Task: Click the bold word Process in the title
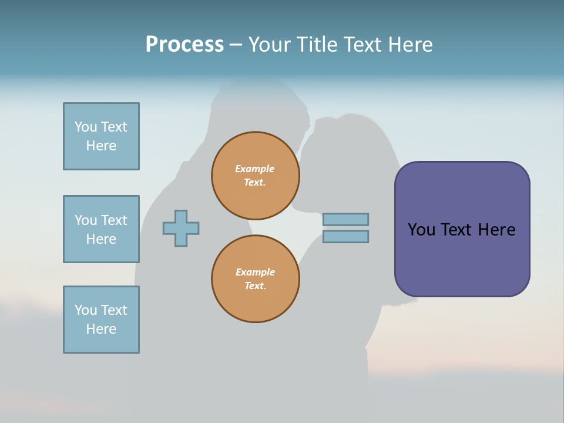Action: (x=184, y=45)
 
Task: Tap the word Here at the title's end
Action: (x=409, y=45)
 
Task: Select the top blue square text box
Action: (x=101, y=136)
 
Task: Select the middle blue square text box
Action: (x=101, y=229)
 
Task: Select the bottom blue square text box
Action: (x=101, y=320)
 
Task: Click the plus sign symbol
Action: (x=181, y=228)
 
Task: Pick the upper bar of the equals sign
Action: (x=345, y=219)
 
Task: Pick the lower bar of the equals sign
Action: (x=345, y=237)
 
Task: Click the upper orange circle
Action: (x=255, y=176)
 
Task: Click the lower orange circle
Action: (x=255, y=279)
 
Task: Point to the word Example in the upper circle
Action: (x=255, y=169)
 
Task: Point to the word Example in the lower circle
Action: (x=255, y=272)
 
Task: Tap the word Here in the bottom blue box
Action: (x=101, y=329)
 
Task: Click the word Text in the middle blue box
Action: (x=114, y=220)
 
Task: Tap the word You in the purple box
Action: (x=421, y=230)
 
